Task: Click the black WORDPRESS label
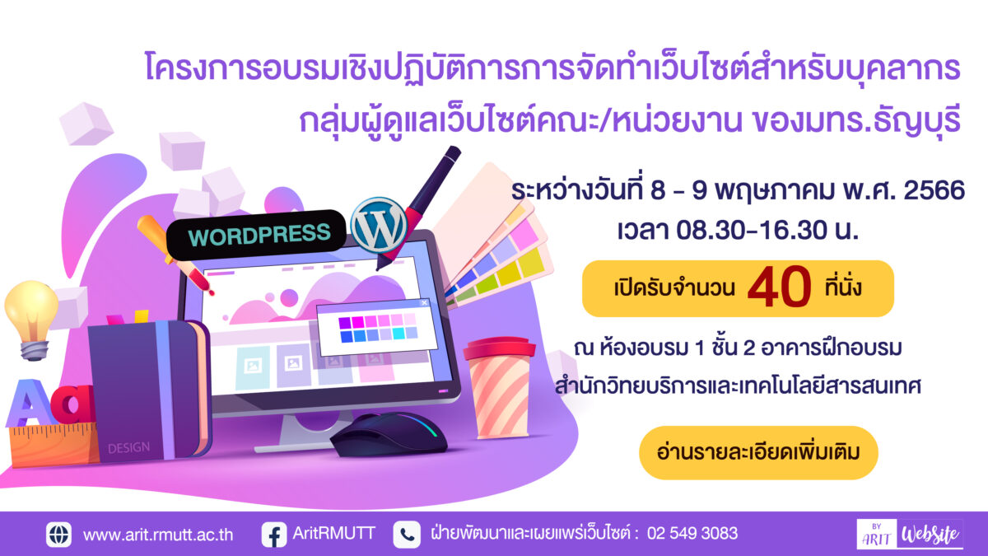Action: pos(256,234)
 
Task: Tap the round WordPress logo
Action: pos(379,225)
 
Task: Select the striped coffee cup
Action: pos(499,387)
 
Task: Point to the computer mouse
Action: pos(388,434)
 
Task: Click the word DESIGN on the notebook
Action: pos(128,448)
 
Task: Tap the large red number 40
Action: pos(780,287)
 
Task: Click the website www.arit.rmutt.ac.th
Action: pos(158,535)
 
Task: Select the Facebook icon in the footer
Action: pos(274,535)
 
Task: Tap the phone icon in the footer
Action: pos(406,535)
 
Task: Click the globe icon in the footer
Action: pos(58,535)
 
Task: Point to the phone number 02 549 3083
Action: pos(692,534)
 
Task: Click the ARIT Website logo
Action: pos(910,534)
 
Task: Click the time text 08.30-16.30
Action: pos(752,231)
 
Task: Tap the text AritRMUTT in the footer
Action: pos(333,533)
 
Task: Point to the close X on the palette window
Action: pos(424,303)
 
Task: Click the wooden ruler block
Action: pos(54,444)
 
